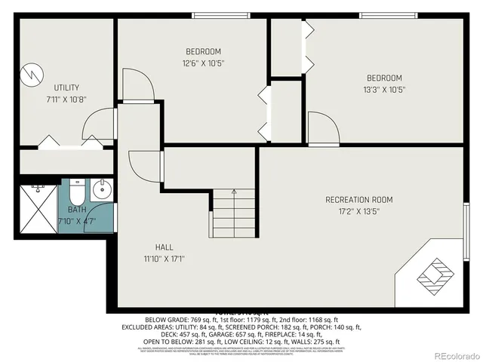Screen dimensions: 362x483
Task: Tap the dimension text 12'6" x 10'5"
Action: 204,63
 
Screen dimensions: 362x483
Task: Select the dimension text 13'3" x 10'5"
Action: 384,90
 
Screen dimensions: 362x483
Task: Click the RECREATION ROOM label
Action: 359,199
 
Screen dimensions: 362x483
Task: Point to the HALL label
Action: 165,247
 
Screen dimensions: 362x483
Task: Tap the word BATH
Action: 77,210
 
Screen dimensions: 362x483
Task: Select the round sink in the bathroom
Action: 103,188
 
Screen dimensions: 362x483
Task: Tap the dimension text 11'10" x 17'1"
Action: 165,259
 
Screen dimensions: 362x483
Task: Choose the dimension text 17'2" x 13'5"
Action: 359,211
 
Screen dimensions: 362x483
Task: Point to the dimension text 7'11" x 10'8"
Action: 66,99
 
